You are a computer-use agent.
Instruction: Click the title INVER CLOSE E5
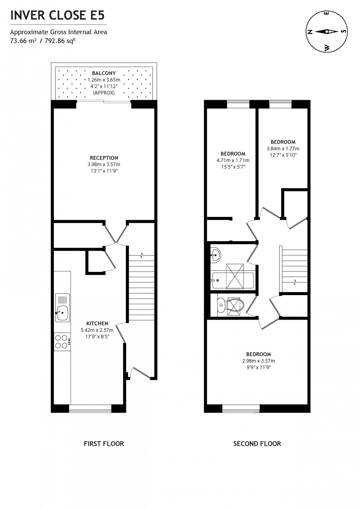pyautogui.click(x=57, y=16)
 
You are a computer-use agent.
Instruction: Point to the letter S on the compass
pyautogui.click(x=344, y=32)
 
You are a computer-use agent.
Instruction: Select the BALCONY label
pyautogui.click(x=104, y=73)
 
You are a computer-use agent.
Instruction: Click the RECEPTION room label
pyautogui.click(x=104, y=158)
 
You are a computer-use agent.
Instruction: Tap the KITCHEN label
pyautogui.click(x=98, y=324)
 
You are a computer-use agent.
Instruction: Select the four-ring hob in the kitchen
pyautogui.click(x=62, y=341)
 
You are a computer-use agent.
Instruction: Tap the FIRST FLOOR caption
pyautogui.click(x=104, y=443)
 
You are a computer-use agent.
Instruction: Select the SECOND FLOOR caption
pyautogui.click(x=257, y=443)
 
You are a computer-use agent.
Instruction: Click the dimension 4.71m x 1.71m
pyautogui.click(x=233, y=160)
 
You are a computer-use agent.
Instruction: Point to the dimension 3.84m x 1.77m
pyautogui.click(x=283, y=149)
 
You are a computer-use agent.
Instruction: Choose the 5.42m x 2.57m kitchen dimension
pyautogui.click(x=98, y=330)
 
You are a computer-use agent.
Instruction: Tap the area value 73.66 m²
pyautogui.click(x=24, y=41)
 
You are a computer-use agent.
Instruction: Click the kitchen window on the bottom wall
pyautogui.click(x=90, y=408)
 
